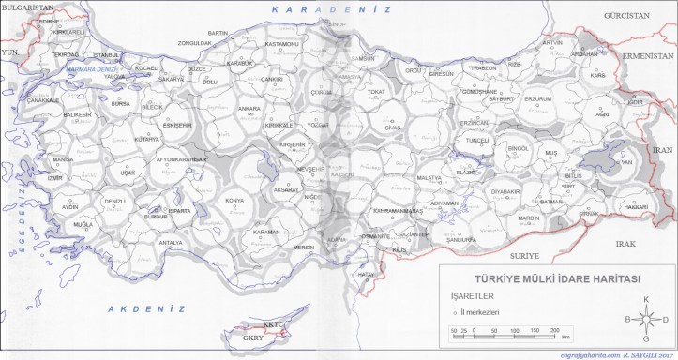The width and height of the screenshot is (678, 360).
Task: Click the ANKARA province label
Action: (249, 109)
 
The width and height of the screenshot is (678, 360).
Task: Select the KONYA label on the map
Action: (235, 201)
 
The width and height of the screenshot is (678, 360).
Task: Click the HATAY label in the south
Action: (367, 274)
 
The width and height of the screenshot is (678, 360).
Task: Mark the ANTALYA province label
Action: (171, 243)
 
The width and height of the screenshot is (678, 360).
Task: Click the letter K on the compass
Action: (645, 299)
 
